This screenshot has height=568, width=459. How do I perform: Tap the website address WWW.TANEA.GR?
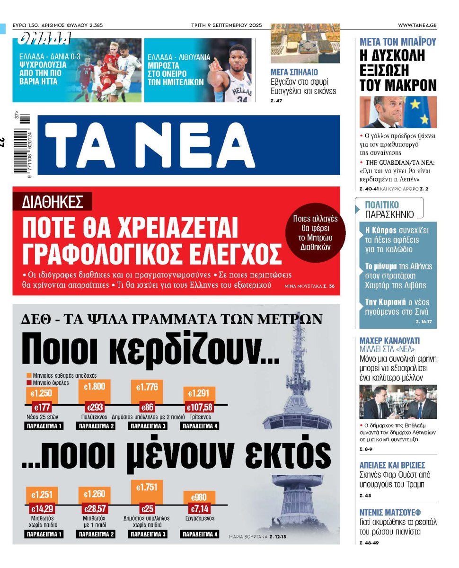coord(417,25)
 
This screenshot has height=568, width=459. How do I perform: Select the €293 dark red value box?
coord(94,407)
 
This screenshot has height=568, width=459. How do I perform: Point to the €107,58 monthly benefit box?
coord(200,407)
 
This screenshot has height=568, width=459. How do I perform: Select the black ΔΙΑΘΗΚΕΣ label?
coord(53,202)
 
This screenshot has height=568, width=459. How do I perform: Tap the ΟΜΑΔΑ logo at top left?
coord(44,39)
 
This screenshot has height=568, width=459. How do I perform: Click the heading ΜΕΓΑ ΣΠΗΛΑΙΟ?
coord(294,72)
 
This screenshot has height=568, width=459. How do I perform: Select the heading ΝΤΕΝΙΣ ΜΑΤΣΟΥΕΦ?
coord(390,512)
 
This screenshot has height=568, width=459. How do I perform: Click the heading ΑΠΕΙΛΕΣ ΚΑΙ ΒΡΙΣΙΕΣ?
coord(392,465)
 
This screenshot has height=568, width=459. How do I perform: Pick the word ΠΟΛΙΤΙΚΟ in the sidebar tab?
coord(382,205)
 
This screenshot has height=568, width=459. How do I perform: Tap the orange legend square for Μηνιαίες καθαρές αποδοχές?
coord(29,374)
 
